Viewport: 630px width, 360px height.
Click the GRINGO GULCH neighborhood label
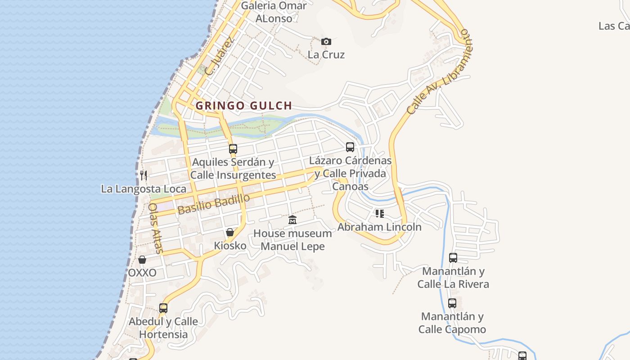(x=244, y=106)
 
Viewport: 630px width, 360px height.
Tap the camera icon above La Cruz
(x=326, y=42)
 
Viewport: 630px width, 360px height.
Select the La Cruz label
(x=326, y=55)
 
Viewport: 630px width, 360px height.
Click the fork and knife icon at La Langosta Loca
(x=144, y=175)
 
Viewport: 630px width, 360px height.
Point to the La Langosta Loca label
(x=144, y=189)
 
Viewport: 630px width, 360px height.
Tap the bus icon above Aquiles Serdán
(x=233, y=148)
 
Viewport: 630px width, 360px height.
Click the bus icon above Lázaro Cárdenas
(x=350, y=147)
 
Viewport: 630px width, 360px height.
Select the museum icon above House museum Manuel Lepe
(x=292, y=220)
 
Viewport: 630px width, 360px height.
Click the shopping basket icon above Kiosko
(x=230, y=232)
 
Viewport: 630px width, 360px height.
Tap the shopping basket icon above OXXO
(x=142, y=260)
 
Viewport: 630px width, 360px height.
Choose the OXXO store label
(x=142, y=273)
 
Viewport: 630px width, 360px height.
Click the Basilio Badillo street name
(x=213, y=204)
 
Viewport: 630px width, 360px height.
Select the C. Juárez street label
(x=219, y=56)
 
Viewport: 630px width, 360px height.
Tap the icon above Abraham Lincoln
(x=380, y=213)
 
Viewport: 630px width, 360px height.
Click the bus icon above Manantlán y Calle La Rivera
(x=453, y=258)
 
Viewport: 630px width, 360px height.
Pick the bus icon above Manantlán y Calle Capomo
(x=452, y=303)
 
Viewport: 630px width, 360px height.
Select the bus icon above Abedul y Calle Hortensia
(x=163, y=308)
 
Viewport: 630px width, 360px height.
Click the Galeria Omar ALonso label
(x=274, y=12)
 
